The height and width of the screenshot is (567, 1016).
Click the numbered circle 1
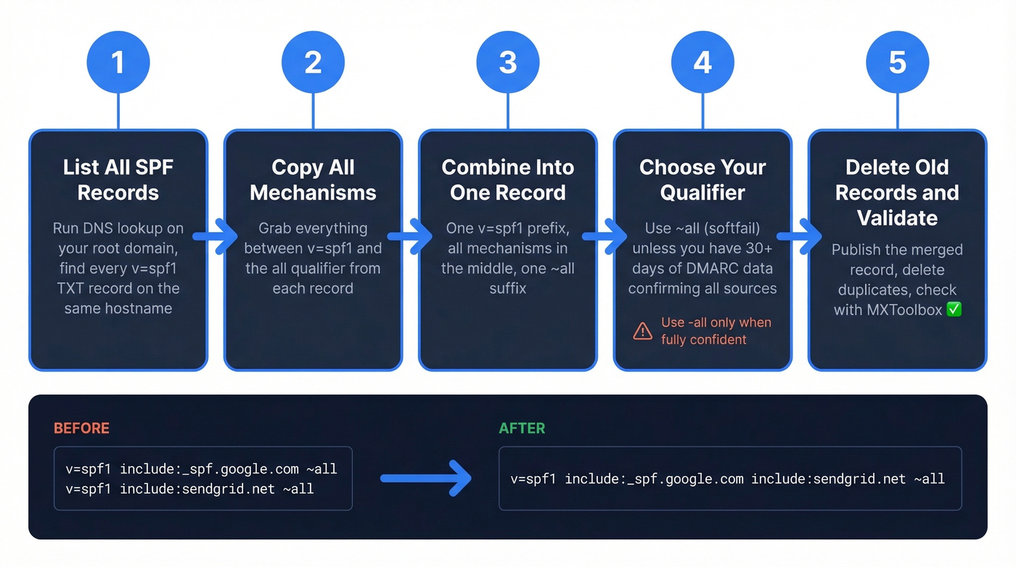pyautogui.click(x=118, y=62)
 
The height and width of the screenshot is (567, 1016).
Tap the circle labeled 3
pyautogui.click(x=508, y=62)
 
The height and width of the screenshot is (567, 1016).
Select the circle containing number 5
pyautogui.click(x=898, y=62)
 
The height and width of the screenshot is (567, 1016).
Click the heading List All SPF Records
pyautogui.click(x=118, y=180)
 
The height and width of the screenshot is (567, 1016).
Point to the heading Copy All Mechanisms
pyautogui.click(x=313, y=180)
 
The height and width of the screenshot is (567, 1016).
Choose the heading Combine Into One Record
pyautogui.click(x=508, y=180)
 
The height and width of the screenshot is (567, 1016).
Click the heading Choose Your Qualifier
pyautogui.click(x=702, y=180)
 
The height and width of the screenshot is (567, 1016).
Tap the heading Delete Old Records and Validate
pyautogui.click(x=898, y=192)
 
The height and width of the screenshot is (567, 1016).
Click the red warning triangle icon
pyautogui.click(x=642, y=332)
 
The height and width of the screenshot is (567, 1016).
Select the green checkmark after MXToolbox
pyautogui.click(x=954, y=310)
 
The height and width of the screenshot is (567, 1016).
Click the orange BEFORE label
pyautogui.click(x=81, y=428)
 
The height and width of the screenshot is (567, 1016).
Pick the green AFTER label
pyautogui.click(x=522, y=428)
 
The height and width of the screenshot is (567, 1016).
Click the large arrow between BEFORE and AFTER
pyautogui.click(x=426, y=478)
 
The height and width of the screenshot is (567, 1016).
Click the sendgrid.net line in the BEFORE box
pyautogui.click(x=189, y=489)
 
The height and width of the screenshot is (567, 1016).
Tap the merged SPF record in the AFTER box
pyautogui.click(x=727, y=478)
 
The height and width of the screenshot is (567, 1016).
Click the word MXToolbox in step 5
pyautogui.click(x=903, y=310)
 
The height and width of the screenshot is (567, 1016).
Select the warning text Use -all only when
pyautogui.click(x=716, y=322)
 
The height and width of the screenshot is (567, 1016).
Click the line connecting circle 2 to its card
pyautogui.click(x=313, y=112)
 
